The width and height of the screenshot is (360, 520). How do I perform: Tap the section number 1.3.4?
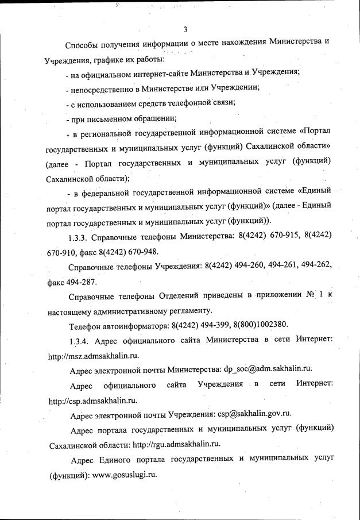click(80, 341)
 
